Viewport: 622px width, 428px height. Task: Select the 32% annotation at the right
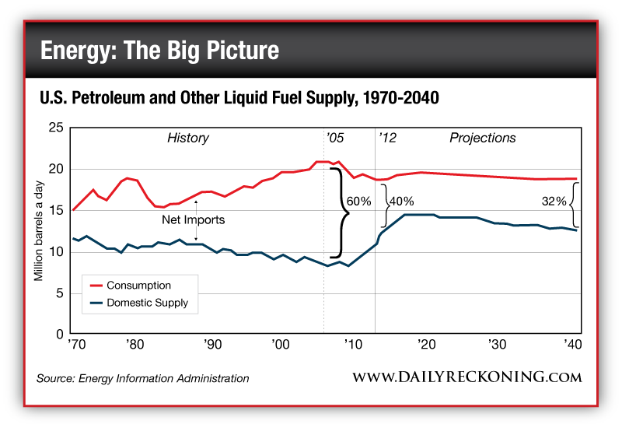click(554, 200)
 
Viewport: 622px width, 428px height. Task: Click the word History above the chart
click(188, 138)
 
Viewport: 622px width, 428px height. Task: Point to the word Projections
click(482, 138)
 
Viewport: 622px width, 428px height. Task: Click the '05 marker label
click(335, 138)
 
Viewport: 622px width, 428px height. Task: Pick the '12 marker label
click(387, 138)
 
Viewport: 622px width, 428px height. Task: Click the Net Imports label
click(199, 220)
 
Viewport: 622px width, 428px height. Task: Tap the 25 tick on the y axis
click(56, 128)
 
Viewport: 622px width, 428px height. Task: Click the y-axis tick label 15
click(56, 211)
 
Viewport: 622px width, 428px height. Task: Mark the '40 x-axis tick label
click(574, 345)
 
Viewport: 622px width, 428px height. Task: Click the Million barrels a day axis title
click(38, 231)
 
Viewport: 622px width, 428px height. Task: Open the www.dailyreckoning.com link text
click(467, 377)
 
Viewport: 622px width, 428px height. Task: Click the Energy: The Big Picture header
click(159, 51)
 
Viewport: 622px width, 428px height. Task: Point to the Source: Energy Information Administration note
click(142, 379)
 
